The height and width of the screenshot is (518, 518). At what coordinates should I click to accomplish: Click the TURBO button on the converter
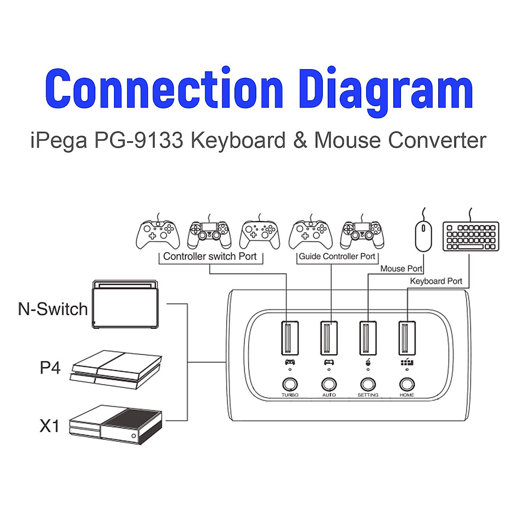coord(290,384)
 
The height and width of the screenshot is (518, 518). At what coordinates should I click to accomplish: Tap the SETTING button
coord(368,384)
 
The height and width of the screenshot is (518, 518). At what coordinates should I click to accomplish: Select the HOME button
coord(407,384)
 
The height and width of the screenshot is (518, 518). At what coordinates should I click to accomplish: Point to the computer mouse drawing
coord(423,236)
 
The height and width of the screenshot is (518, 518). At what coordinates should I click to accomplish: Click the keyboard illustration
coord(471,236)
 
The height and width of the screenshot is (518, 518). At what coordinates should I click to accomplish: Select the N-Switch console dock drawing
coord(125,305)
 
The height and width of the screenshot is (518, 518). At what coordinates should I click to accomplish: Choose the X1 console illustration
coord(116,424)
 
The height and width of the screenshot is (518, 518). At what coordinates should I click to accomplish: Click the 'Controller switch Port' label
coord(210,256)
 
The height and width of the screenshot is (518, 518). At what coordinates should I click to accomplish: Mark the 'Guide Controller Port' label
coord(337,256)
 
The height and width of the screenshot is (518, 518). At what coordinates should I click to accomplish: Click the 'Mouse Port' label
coord(401,268)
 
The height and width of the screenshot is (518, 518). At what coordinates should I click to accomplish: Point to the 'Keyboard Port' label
coord(436,281)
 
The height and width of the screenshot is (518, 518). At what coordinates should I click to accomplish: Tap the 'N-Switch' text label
coord(53,309)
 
